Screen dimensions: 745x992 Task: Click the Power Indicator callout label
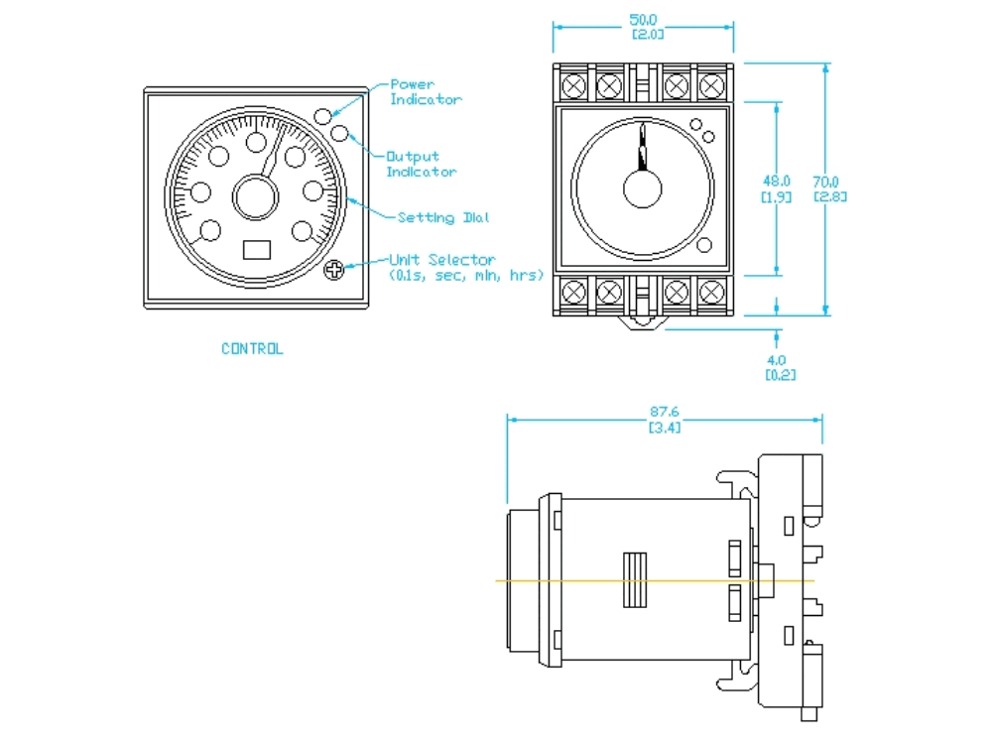pos(426,92)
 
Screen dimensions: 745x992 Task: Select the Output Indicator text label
pos(422,164)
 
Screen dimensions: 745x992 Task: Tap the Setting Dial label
pos(442,217)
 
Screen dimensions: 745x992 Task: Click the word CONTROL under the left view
pos(252,349)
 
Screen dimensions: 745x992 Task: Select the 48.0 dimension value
pos(776,182)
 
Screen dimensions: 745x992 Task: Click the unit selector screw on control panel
pos(335,269)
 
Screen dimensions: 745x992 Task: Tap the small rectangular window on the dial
pos(257,249)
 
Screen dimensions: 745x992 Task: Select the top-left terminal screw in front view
pos(574,86)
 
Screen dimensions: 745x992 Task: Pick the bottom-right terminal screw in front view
pos(710,293)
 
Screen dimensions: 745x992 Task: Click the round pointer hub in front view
pos(643,187)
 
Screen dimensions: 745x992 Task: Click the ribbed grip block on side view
pos(634,580)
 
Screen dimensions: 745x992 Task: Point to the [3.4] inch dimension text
pos(664,428)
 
